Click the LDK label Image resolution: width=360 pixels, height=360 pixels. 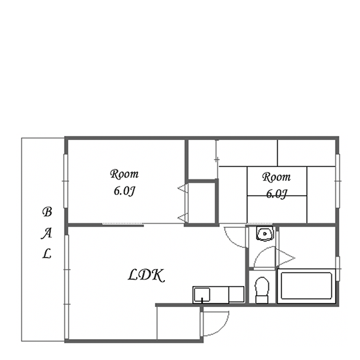point(146,276)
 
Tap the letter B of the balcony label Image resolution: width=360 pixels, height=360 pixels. point(47,211)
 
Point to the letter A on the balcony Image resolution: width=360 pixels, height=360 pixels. point(46,234)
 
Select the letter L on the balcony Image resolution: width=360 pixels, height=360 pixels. point(46,253)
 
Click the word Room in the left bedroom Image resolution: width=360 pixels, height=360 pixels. point(124,174)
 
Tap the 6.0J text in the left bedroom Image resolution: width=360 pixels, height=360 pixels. point(124,191)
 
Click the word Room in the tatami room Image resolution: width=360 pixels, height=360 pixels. point(276,177)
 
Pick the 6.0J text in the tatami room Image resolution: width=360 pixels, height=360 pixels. point(276,194)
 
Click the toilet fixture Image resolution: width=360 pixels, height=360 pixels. point(262,290)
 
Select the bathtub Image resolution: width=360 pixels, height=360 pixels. point(306,286)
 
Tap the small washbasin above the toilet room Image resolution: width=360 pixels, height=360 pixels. point(264,234)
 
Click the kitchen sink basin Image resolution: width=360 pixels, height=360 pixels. point(202,295)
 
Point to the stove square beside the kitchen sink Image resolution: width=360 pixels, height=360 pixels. point(236,294)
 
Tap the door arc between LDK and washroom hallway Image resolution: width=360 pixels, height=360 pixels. point(231,241)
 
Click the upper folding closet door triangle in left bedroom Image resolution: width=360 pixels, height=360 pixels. point(183,189)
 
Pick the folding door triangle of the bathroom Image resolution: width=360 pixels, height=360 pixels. point(286,258)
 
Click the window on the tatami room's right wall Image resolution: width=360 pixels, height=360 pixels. point(338,181)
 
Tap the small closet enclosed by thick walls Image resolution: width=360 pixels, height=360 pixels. point(202,202)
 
